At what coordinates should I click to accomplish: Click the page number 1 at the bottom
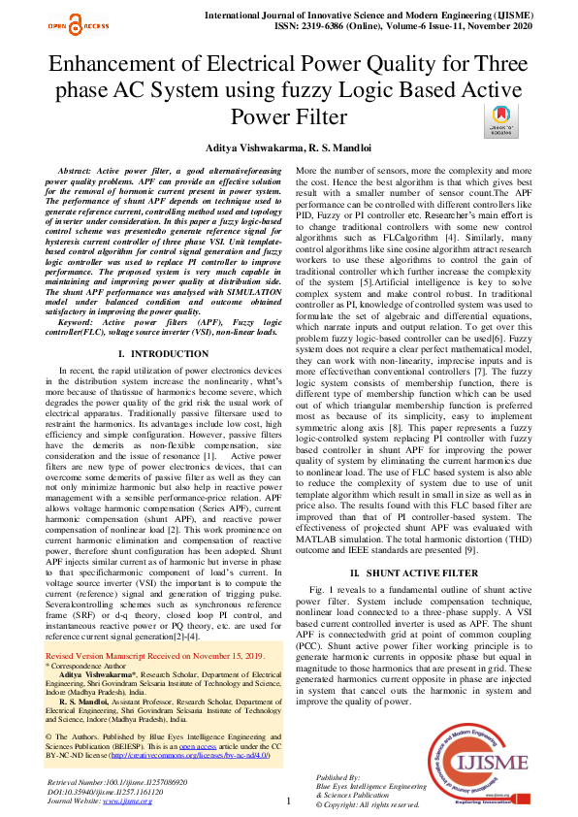click(289, 800)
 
